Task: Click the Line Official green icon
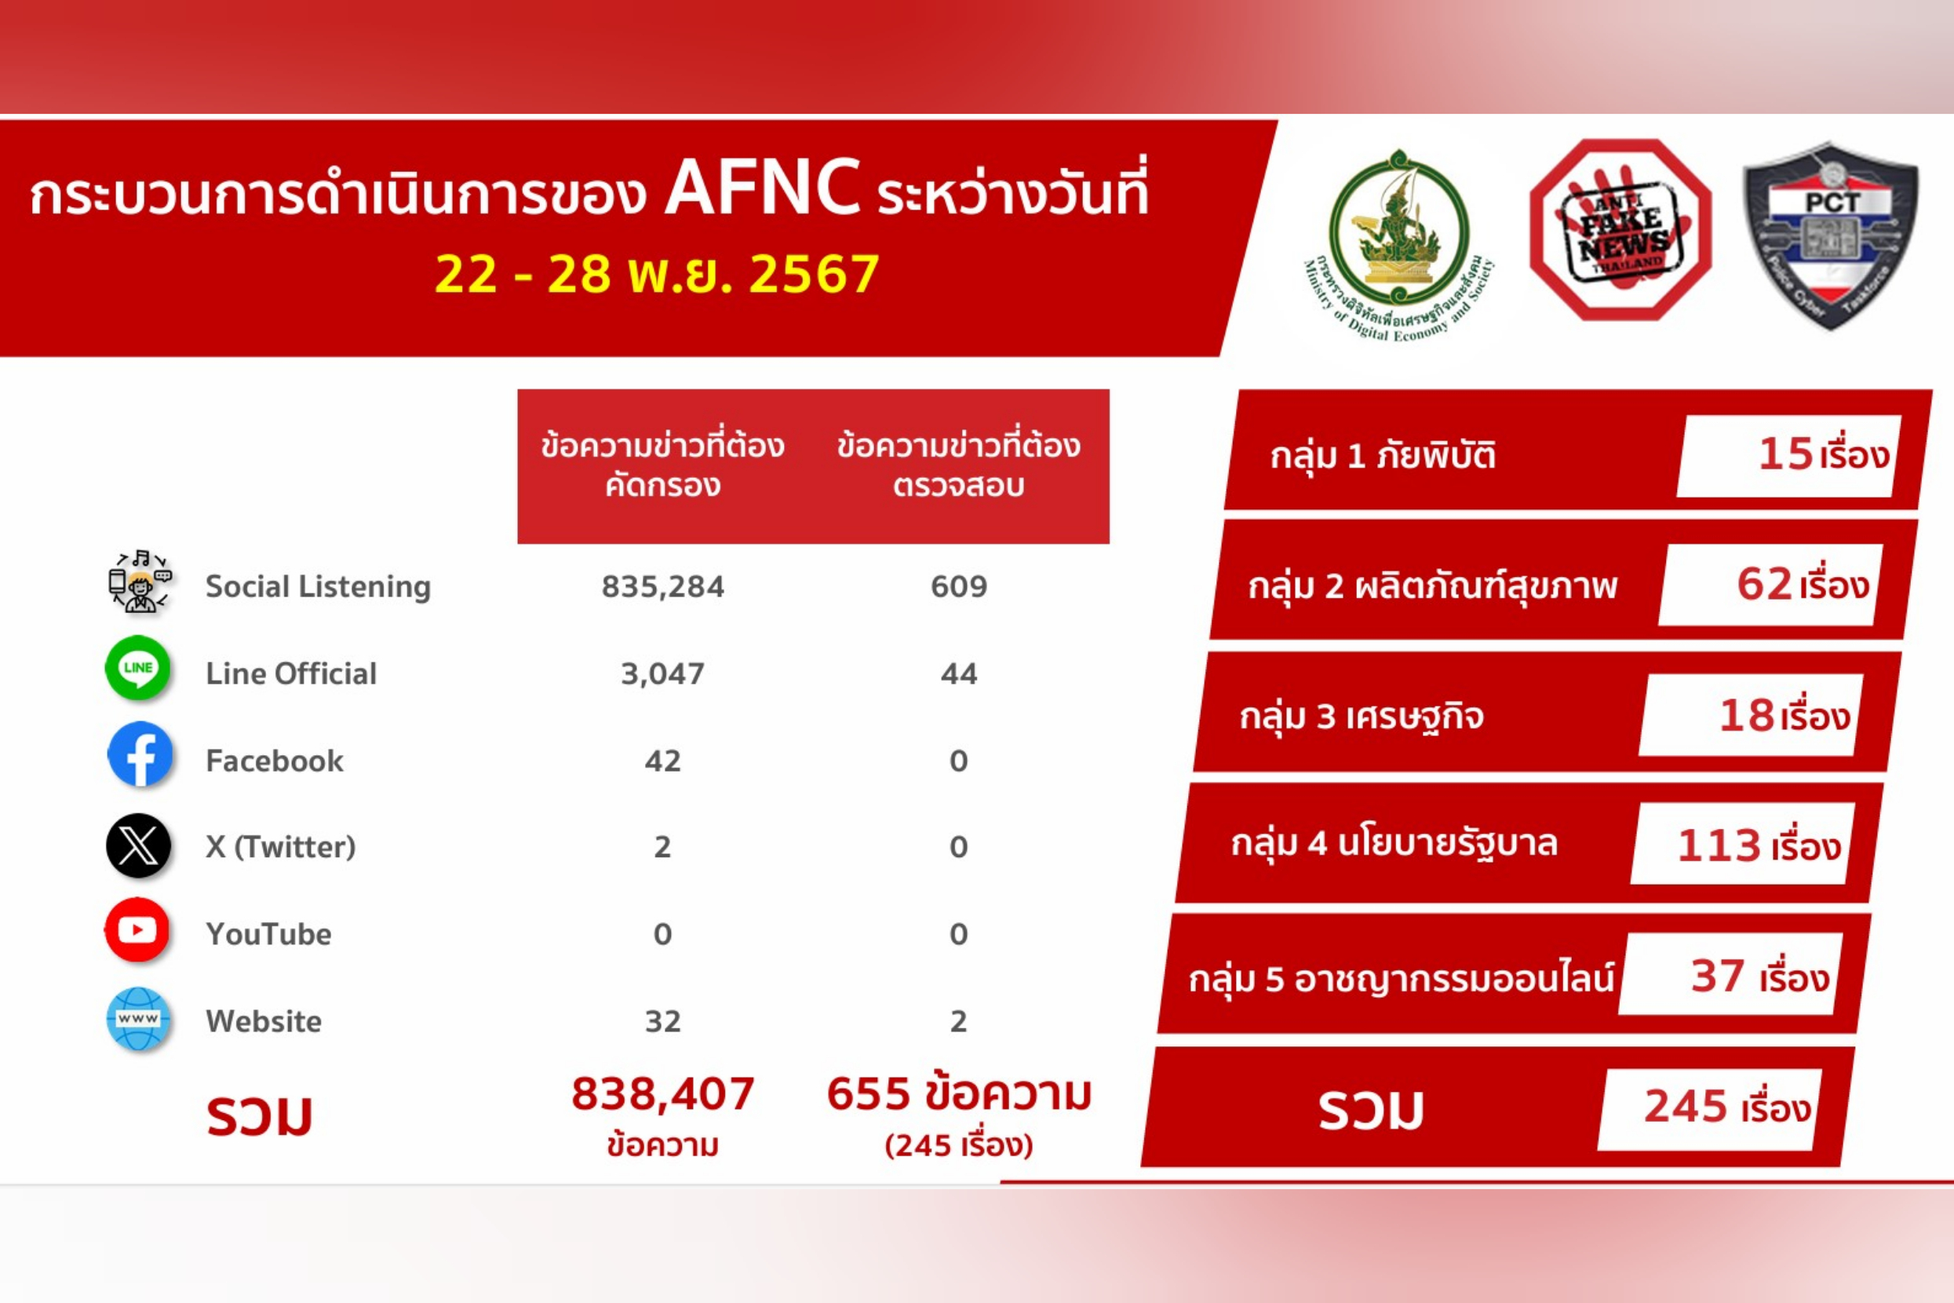pos(138,668)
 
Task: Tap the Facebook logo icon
pos(140,754)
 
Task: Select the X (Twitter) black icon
pos(138,846)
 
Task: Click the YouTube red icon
pos(137,930)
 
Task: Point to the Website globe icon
pos(138,1019)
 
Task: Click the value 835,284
pos(662,586)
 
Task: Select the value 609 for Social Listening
pos(958,586)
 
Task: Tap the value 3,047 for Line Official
pos(662,674)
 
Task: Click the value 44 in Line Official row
pos(958,674)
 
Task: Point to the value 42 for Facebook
pos(662,761)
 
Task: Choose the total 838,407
pos(662,1093)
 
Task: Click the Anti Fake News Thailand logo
pos(1620,230)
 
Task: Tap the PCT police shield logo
pos(1830,235)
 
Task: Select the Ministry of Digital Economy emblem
pos(1399,241)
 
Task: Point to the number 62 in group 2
pos(1765,584)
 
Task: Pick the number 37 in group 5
pos(1717,976)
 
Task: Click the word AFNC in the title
pos(762,189)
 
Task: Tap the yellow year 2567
pos(813,273)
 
